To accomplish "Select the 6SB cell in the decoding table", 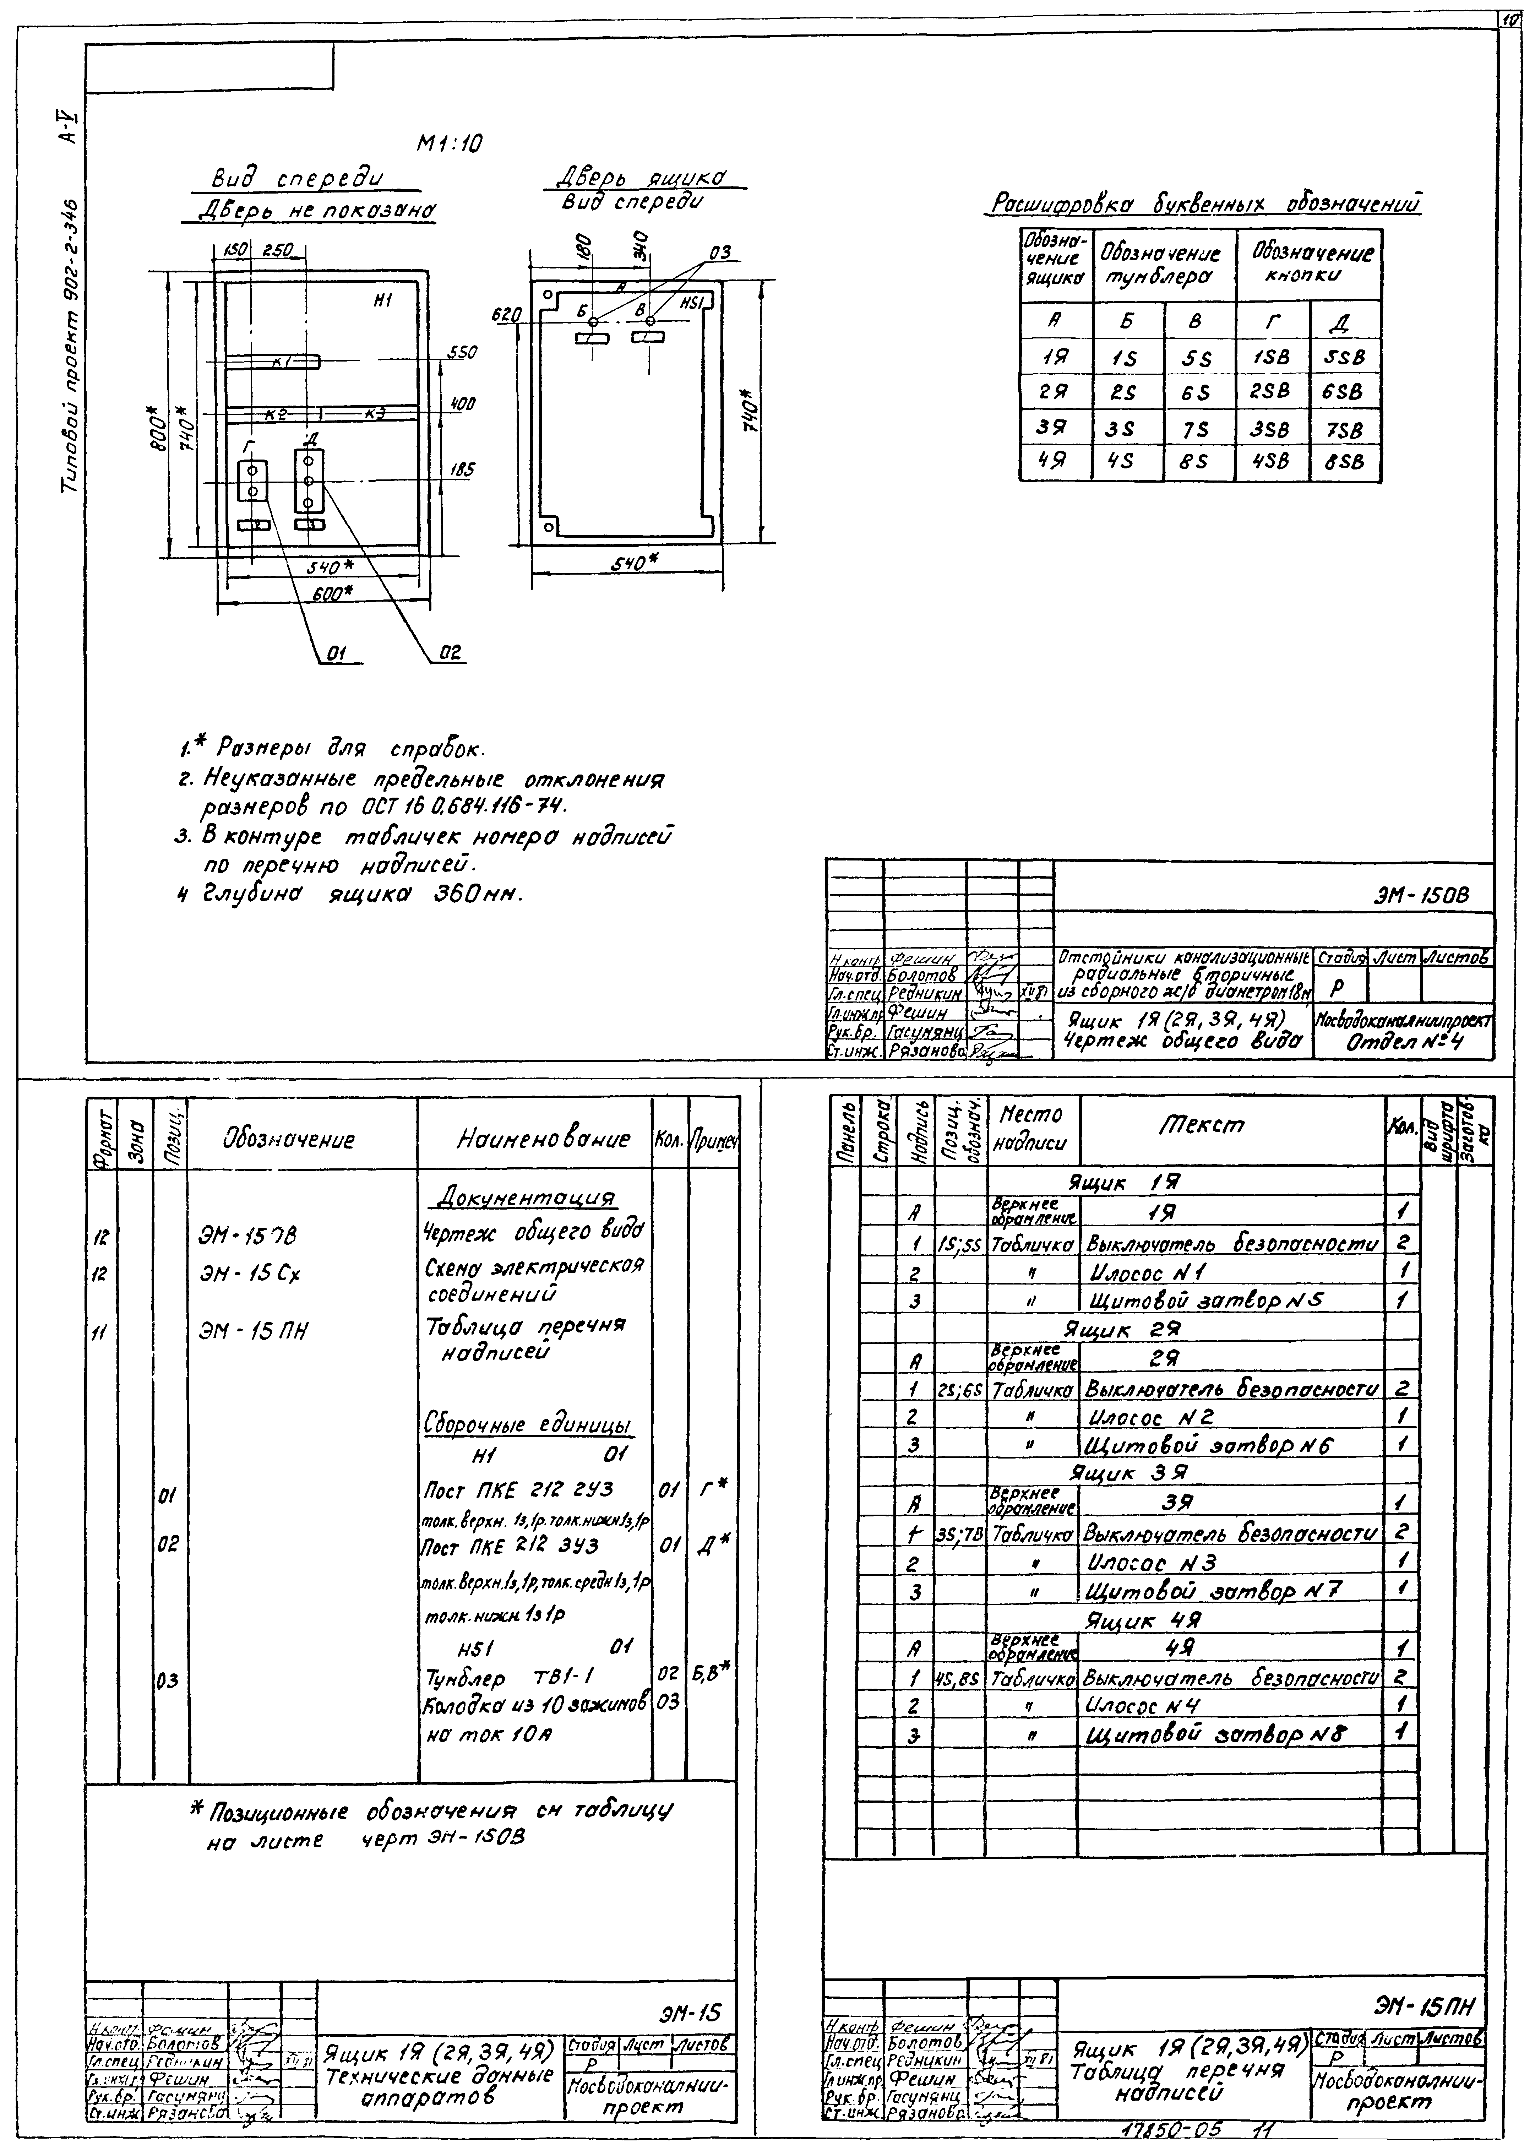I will [1343, 391].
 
